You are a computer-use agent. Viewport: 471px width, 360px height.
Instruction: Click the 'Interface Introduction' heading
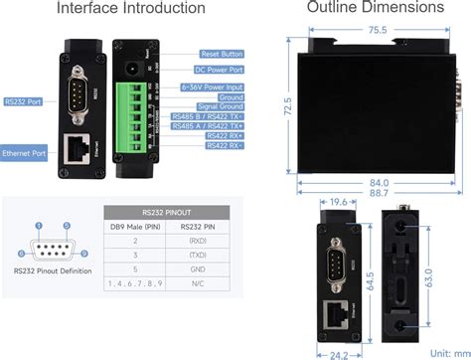130,9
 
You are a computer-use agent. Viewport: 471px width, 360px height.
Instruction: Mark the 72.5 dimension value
288,103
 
